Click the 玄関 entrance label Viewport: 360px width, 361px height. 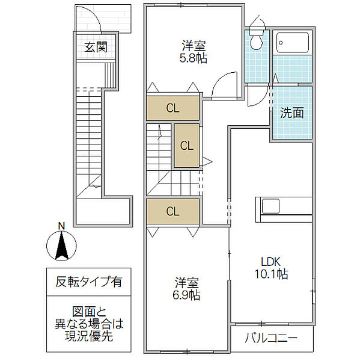point(96,47)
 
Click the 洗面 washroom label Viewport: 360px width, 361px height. point(291,113)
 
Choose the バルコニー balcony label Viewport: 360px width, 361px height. point(270,338)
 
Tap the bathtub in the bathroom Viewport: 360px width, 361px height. point(292,42)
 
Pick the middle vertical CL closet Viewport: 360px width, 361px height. point(187,145)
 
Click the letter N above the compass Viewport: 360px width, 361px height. point(61,226)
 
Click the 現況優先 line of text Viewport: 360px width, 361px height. point(88,337)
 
